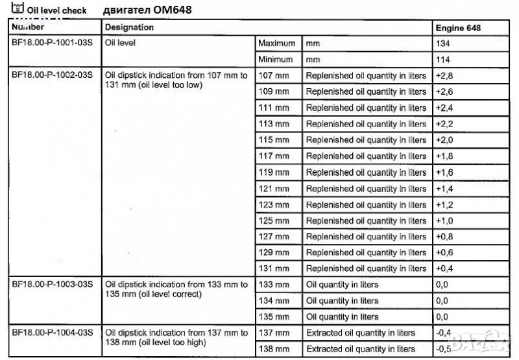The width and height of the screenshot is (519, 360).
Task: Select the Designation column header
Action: coord(129,28)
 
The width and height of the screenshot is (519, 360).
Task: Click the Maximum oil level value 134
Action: coord(444,43)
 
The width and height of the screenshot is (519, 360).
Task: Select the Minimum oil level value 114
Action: coord(444,60)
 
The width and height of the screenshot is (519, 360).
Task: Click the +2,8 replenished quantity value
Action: coord(444,75)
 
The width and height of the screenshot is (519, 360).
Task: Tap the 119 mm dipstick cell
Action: coord(274,173)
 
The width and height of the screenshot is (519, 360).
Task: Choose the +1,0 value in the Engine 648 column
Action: coord(444,221)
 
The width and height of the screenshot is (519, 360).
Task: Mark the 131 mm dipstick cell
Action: coord(274,269)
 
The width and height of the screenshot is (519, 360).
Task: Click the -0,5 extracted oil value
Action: coord(444,349)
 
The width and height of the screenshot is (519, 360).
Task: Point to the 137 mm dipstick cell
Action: coord(274,333)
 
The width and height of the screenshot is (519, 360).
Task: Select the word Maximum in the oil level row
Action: coord(277,43)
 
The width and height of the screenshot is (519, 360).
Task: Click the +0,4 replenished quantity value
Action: coord(444,269)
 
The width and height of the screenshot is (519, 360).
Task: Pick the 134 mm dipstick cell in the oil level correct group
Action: coord(274,301)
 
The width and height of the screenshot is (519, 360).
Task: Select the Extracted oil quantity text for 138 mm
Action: coord(360,349)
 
